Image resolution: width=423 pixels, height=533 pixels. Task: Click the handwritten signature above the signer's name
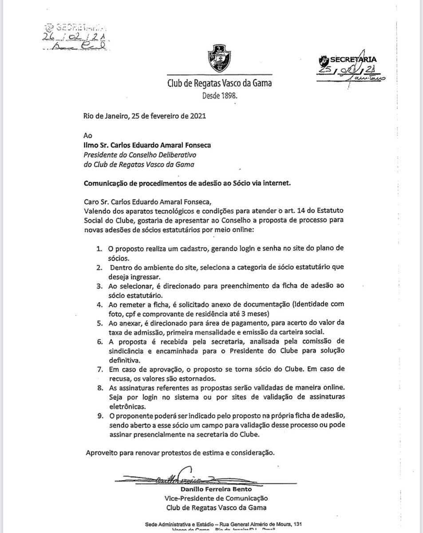tap(175, 476)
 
